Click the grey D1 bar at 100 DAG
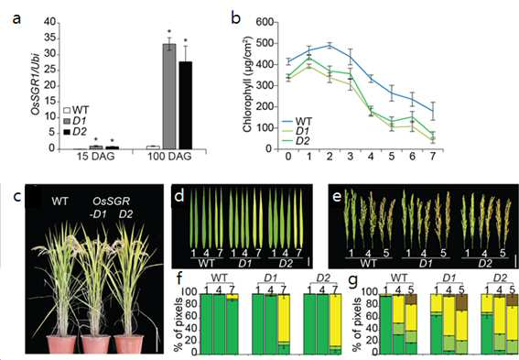(169, 96)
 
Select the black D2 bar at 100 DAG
(186, 105)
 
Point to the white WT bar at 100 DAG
(153, 147)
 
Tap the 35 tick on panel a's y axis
(50, 38)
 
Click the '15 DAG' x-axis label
(96, 157)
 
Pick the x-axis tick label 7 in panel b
(433, 156)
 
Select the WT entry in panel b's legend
(304, 121)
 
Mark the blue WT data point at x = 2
(330, 46)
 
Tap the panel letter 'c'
(16, 197)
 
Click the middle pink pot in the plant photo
(96, 344)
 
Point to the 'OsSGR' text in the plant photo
(112, 201)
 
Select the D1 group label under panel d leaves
(244, 264)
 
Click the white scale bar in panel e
(515, 260)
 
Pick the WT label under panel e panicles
(368, 264)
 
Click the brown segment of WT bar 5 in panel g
(411, 299)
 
